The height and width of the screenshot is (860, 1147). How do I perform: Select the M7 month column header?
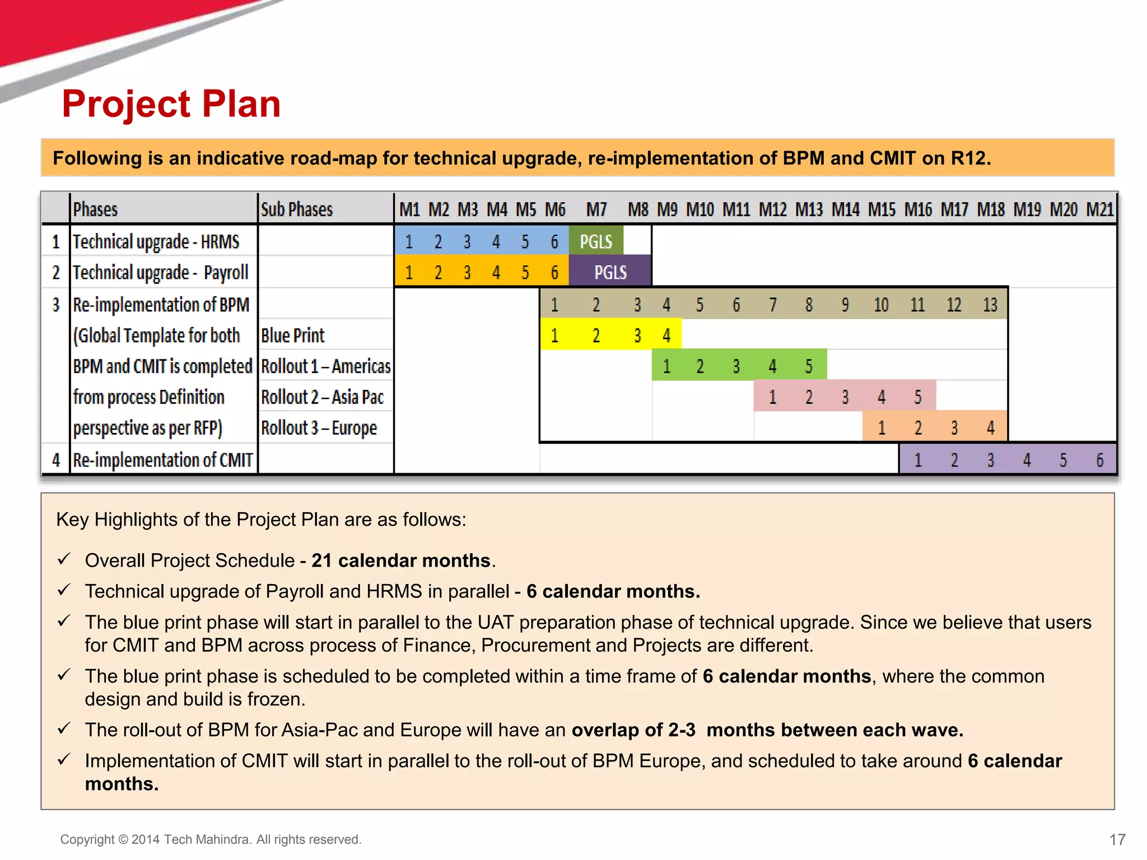pyautogui.click(x=596, y=209)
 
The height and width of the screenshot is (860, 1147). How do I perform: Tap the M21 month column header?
pyautogui.click(x=1100, y=209)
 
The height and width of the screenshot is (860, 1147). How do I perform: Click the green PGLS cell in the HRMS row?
pyautogui.click(x=596, y=241)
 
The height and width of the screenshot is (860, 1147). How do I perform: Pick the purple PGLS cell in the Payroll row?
pyautogui.click(x=610, y=273)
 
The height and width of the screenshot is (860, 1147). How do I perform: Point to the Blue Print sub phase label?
pyautogui.click(x=292, y=335)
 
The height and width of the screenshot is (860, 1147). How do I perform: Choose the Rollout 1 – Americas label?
pyautogui.click(x=325, y=366)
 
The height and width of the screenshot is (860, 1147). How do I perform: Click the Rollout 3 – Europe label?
pyautogui.click(x=319, y=428)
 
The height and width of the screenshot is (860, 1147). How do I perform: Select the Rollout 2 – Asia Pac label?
pyautogui.click(x=322, y=397)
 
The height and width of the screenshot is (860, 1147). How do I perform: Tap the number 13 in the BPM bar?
pyautogui.click(x=990, y=305)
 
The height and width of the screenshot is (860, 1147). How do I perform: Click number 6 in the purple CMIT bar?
pyautogui.click(x=1099, y=460)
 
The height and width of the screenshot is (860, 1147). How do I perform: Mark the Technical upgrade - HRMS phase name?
pyautogui.click(x=156, y=241)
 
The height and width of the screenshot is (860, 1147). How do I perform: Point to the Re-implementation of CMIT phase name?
pyautogui.click(x=162, y=460)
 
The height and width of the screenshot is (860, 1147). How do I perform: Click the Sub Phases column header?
pyautogui.click(x=297, y=209)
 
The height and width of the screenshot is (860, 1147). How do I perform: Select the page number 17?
pyautogui.click(x=1117, y=839)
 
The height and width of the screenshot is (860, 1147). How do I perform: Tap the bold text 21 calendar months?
pyautogui.click(x=401, y=560)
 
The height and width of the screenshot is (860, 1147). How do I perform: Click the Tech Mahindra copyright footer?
pyautogui.click(x=211, y=839)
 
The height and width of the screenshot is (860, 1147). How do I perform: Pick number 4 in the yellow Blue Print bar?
pyautogui.click(x=666, y=335)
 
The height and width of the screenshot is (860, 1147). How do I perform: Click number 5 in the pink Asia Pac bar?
pyautogui.click(x=917, y=397)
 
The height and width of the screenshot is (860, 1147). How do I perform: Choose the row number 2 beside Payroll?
pyautogui.click(x=56, y=273)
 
